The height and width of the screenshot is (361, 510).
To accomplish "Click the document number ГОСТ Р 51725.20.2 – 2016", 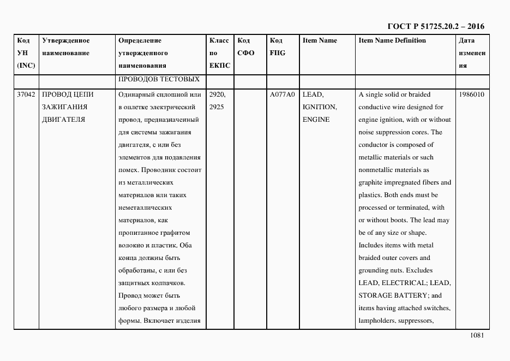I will (x=435, y=26).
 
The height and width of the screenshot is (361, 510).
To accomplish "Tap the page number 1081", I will (x=476, y=336).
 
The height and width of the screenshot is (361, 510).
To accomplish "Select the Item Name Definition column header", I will (x=392, y=41).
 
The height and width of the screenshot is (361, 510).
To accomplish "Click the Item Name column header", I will (x=320, y=41).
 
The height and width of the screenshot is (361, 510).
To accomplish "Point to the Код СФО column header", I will (x=246, y=47).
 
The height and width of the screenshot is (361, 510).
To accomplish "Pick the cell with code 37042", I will (x=26, y=94).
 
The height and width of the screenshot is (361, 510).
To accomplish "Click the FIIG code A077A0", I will (x=282, y=94).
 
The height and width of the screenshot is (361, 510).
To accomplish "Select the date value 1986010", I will (x=471, y=94).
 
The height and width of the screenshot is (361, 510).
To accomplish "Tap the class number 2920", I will (x=217, y=94).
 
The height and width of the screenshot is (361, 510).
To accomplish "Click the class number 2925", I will (x=217, y=107).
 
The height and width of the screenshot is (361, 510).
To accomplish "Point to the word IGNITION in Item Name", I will (x=319, y=107).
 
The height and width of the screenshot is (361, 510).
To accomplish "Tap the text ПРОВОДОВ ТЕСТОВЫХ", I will (x=158, y=79).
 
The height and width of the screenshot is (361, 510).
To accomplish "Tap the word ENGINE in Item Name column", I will (x=316, y=120).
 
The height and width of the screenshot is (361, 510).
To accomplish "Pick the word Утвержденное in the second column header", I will (x=65, y=41).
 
